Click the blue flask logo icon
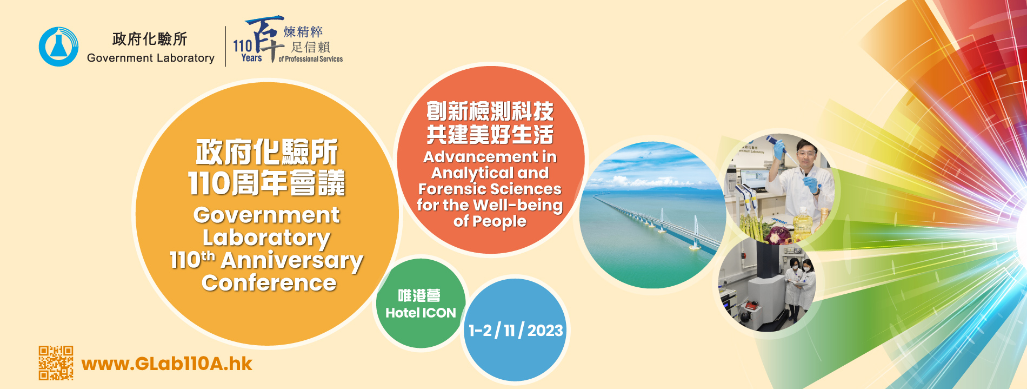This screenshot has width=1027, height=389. (x=58, y=47)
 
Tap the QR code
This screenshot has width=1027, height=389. (x=56, y=363)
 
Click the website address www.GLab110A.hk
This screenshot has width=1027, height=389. (x=166, y=364)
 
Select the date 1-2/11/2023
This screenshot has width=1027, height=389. (x=516, y=331)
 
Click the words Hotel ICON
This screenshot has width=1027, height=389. (x=421, y=313)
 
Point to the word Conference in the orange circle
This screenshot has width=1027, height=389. (x=269, y=283)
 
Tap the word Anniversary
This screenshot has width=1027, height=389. (x=292, y=261)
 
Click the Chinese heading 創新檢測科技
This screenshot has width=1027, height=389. (x=490, y=111)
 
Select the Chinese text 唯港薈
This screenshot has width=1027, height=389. (x=419, y=295)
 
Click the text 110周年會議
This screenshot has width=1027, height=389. (x=266, y=183)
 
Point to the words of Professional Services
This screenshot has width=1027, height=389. (x=311, y=59)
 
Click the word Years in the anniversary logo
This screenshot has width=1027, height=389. (x=251, y=58)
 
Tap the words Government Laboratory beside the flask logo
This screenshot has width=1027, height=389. (x=151, y=58)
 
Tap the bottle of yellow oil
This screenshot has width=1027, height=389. (x=803, y=223)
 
